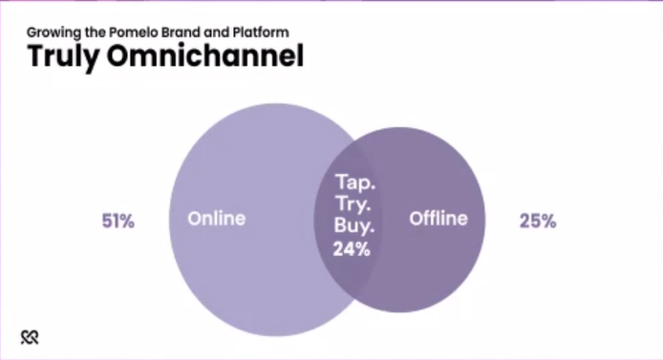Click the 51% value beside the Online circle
(118, 221)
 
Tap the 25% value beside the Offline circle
(538, 221)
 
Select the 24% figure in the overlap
(352, 249)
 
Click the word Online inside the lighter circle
(217, 219)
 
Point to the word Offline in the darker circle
(438, 219)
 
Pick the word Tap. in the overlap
(355, 182)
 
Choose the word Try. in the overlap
(353, 204)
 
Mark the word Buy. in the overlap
(354, 225)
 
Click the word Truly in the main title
(63, 56)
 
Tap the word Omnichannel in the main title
(205, 55)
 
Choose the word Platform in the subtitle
(261, 32)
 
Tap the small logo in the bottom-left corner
(30, 337)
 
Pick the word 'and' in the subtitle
(217, 32)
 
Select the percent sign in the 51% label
(126, 221)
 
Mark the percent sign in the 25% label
(548, 221)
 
